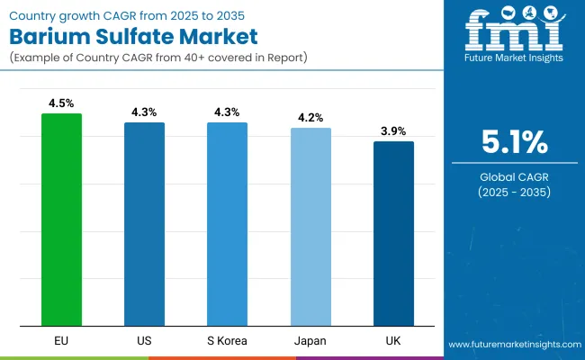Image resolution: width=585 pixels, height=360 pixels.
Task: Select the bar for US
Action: point(144,224)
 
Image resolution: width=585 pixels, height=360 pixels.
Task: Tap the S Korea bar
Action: point(227,224)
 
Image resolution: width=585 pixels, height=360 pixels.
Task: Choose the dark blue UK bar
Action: point(393,234)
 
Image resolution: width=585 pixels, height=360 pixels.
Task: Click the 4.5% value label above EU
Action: point(61,103)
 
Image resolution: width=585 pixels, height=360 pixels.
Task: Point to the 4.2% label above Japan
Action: point(310,118)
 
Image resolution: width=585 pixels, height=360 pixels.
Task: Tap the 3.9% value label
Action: point(393,131)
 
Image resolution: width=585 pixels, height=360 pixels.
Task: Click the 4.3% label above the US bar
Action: point(144,112)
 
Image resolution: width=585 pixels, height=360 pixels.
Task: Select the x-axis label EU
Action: point(61,342)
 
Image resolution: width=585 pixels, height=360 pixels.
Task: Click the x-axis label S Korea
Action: point(227,342)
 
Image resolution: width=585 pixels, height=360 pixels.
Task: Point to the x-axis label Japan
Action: point(310,342)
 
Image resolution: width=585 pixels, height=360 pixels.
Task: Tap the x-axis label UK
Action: point(393,342)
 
